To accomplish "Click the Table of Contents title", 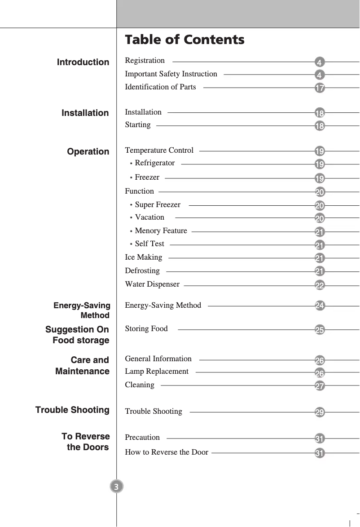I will click(184, 40).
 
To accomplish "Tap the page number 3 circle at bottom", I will click(116, 487).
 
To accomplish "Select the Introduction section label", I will click(83, 62).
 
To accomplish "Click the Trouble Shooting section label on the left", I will click(72, 410).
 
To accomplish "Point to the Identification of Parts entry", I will click(160, 87).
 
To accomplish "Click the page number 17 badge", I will click(320, 88).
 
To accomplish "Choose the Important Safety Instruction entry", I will click(171, 74).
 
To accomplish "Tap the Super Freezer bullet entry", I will click(157, 205).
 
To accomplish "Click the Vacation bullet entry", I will click(149, 217).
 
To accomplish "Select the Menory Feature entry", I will click(161, 230).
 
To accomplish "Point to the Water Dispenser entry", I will click(152, 284).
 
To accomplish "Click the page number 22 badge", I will click(320, 285).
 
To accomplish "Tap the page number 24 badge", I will click(320, 306).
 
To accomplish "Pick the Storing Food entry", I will click(146, 328).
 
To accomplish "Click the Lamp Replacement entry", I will click(157, 371).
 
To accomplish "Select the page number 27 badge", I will click(320, 386).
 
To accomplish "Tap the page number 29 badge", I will click(320, 412).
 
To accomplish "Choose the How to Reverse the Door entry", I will click(167, 452).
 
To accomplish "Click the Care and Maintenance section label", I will click(83, 366).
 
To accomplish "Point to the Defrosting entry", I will click(142, 270).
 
